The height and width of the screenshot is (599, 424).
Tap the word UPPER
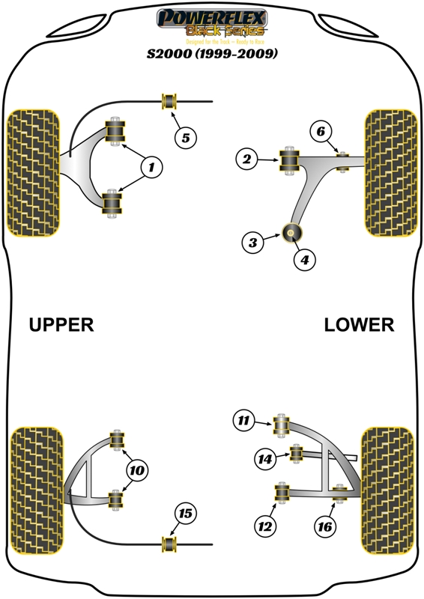point(61,324)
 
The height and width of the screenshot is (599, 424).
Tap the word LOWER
point(359,324)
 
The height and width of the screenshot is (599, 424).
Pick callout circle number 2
point(246,158)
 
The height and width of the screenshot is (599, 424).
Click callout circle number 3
point(253,242)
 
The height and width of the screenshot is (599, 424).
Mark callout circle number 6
point(320,132)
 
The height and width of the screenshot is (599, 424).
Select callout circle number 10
point(136,470)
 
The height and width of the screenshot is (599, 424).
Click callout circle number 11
point(244,421)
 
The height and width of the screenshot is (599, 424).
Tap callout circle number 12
point(264,526)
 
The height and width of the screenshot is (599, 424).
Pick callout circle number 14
point(264,458)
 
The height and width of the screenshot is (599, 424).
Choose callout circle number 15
point(185,513)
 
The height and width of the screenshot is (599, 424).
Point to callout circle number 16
point(324,526)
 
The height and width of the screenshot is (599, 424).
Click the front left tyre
point(33,171)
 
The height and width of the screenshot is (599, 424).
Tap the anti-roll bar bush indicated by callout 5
point(169,101)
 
